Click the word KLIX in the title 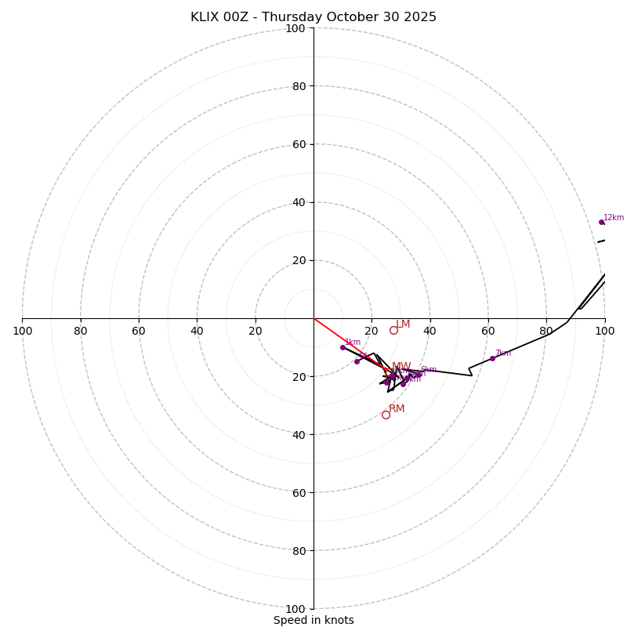(x=205, y=17)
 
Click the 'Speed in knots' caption (x=313, y=620)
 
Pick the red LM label (x=403, y=324)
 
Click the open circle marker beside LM (x=393, y=330)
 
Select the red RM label (x=397, y=408)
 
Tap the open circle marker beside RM (x=386, y=415)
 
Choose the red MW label (x=401, y=366)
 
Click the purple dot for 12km (x=601, y=222)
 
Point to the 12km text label (x=614, y=217)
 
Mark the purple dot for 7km (x=492, y=358)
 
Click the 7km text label (x=503, y=353)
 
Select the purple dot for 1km (x=342, y=347)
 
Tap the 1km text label (x=353, y=342)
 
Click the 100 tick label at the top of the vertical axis (x=295, y=28)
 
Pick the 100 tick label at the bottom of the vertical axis (x=295, y=608)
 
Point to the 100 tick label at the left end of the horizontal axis (x=22, y=331)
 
